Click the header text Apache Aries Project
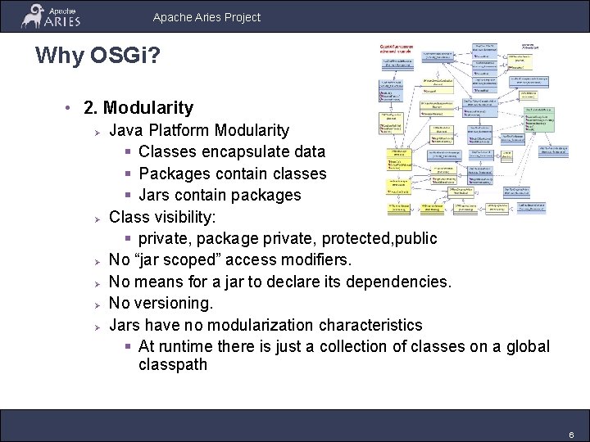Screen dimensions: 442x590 [x=206, y=16]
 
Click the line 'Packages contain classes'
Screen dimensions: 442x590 [x=232, y=174]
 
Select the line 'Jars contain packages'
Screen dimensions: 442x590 [x=220, y=195]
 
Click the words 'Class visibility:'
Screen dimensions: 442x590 [x=162, y=217]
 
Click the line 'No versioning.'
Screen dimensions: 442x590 [x=161, y=303]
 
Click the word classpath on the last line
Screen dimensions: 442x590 [x=173, y=364]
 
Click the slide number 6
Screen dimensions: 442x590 [x=571, y=435]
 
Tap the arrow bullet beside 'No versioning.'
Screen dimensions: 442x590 [x=96, y=304]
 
